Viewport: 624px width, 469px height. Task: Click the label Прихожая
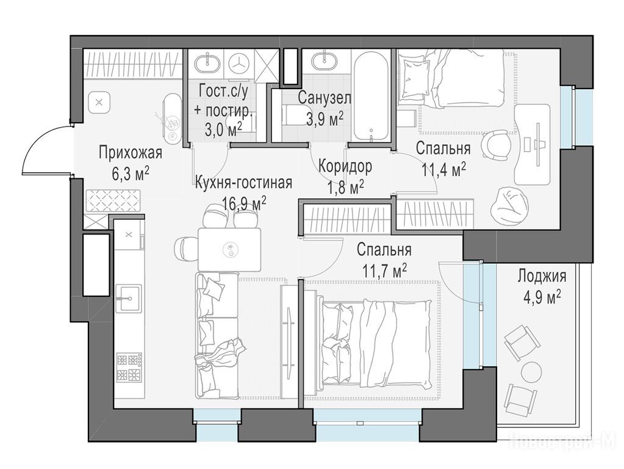point(131,153)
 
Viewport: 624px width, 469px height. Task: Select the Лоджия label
point(542,275)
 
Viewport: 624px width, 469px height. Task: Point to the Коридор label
point(345,165)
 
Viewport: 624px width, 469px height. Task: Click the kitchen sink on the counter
point(129,299)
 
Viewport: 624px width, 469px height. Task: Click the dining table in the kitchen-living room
point(229,249)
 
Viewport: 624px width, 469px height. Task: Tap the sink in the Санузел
point(325,62)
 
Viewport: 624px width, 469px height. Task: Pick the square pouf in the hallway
point(99,103)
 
